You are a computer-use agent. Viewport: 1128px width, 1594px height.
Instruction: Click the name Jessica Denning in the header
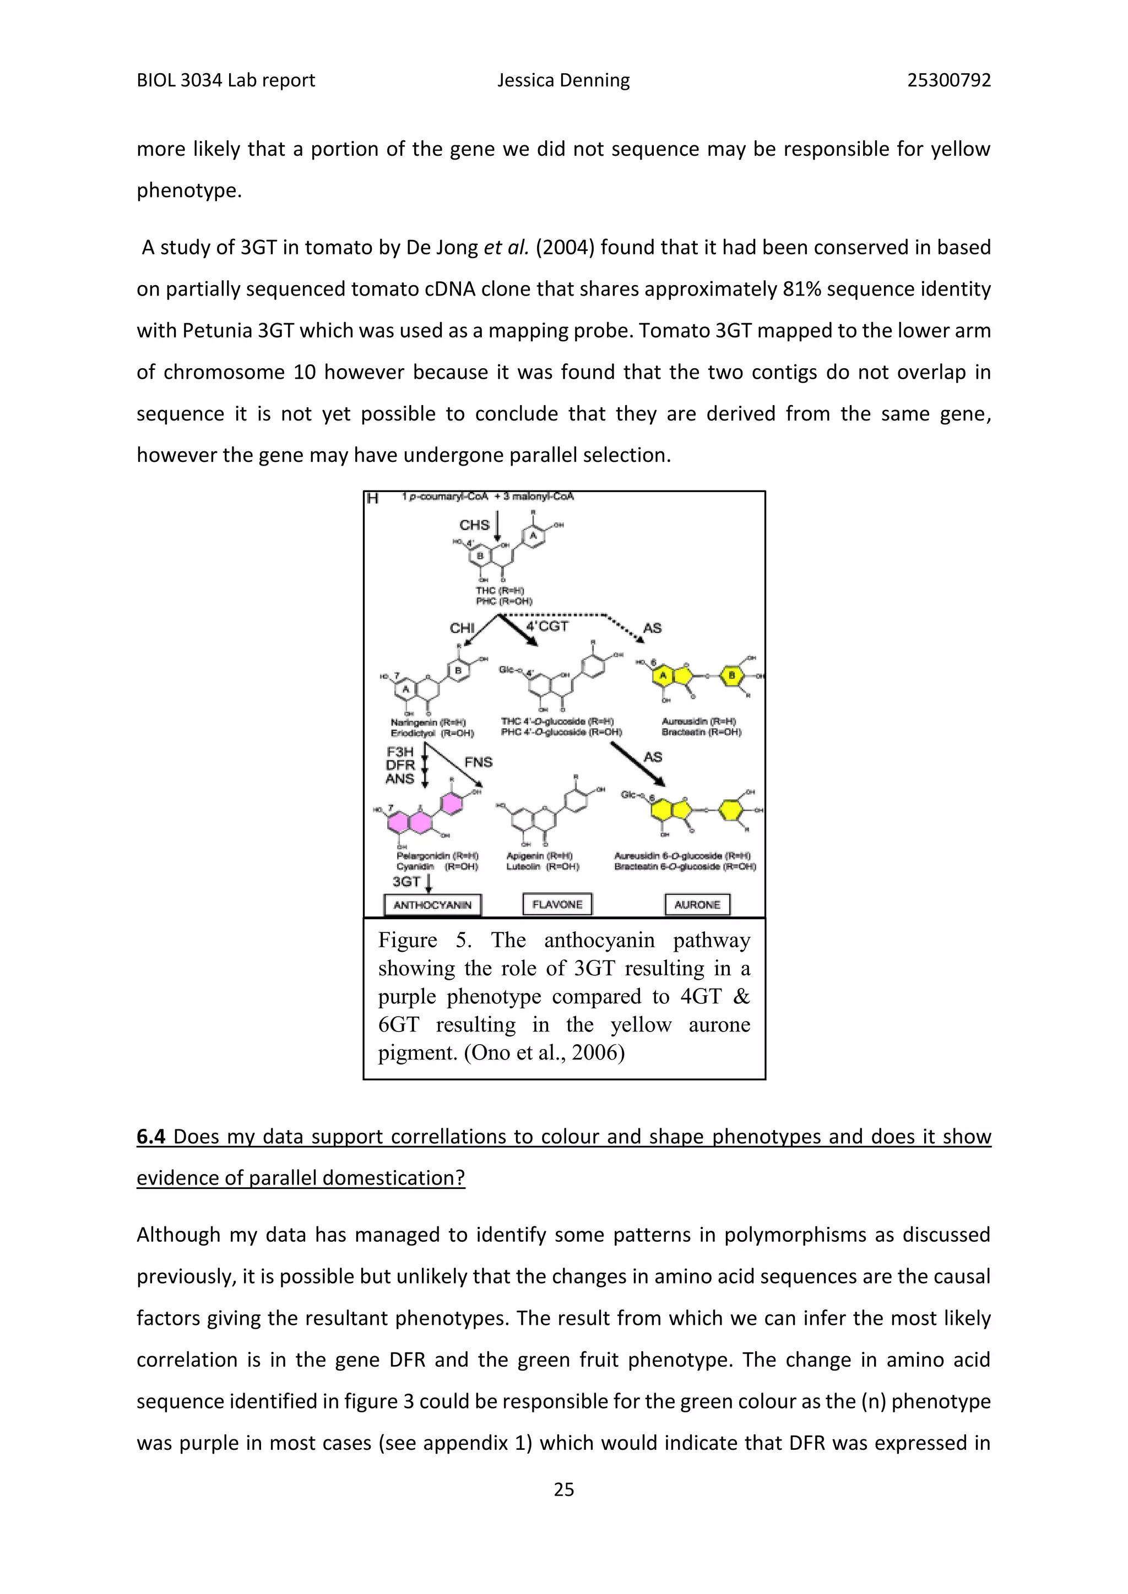pyautogui.click(x=563, y=80)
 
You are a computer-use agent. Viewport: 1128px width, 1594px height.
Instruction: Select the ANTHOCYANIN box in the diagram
pyautogui.click(x=432, y=905)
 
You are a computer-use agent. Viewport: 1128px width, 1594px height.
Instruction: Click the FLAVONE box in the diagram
pyautogui.click(x=557, y=904)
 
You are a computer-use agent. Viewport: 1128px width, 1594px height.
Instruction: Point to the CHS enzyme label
pyautogui.click(x=474, y=525)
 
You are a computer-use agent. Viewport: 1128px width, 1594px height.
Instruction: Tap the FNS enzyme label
pyautogui.click(x=478, y=762)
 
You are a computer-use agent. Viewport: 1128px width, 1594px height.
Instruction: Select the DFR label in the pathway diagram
pyautogui.click(x=400, y=765)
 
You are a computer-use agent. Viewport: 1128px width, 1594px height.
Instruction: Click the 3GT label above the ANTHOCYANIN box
pyautogui.click(x=406, y=881)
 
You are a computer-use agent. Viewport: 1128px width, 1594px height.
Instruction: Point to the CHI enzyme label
pyautogui.click(x=462, y=627)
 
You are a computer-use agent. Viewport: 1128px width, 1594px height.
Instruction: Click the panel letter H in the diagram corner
pyautogui.click(x=373, y=498)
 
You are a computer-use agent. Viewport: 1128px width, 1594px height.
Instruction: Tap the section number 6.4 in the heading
pyautogui.click(x=151, y=1137)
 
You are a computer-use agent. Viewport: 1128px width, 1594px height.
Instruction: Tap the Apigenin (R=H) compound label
pyautogui.click(x=539, y=856)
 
